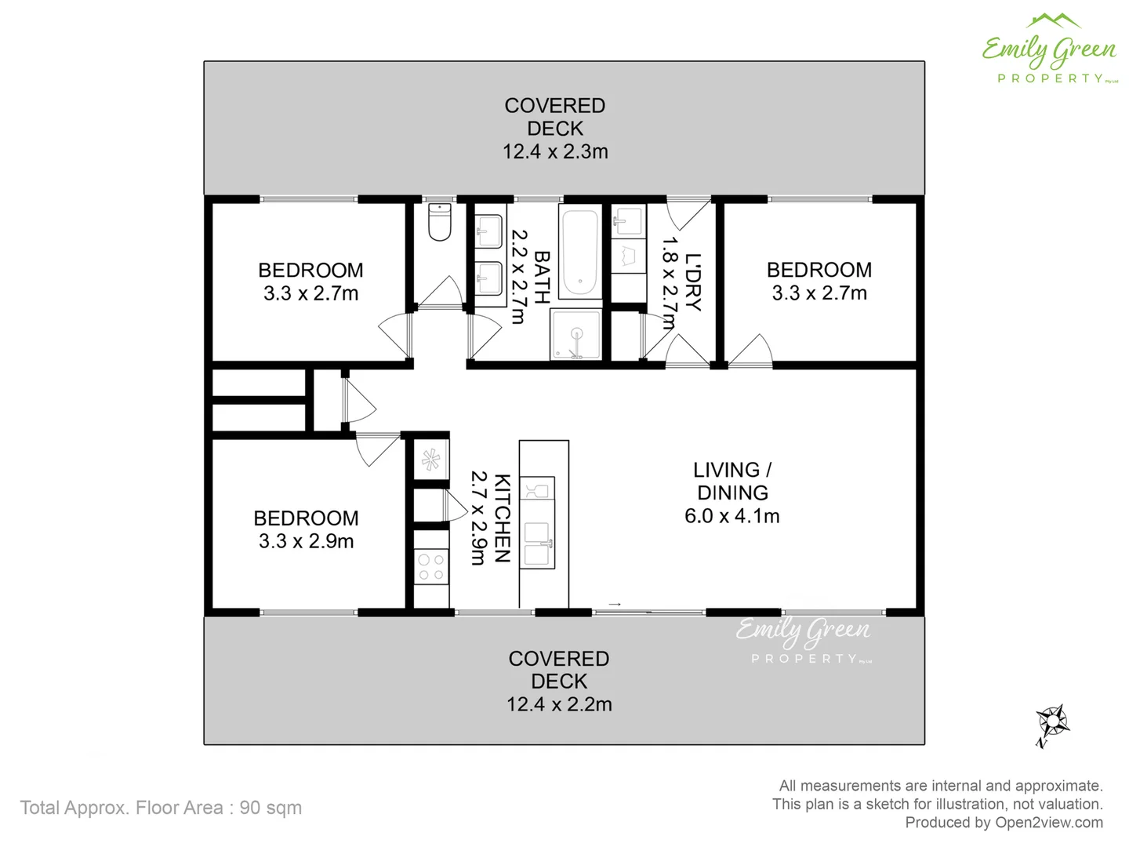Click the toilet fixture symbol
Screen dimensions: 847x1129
(x=440, y=223)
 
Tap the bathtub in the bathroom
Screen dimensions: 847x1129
(x=580, y=253)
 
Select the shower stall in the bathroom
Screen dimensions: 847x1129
(x=576, y=334)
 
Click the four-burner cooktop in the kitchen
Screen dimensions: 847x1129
(x=430, y=567)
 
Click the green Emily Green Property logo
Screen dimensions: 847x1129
(x=1050, y=49)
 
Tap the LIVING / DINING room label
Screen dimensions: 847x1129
(x=732, y=481)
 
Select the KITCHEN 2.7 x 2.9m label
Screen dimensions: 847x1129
(x=490, y=518)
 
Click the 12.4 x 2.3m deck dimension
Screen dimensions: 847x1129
(x=555, y=151)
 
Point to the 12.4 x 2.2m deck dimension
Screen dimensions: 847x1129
(x=559, y=704)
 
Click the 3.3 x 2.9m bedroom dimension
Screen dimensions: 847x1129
(x=307, y=541)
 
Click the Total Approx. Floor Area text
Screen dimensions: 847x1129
(x=161, y=808)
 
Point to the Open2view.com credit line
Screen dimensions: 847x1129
(x=1004, y=823)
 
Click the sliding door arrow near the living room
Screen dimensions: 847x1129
(x=615, y=604)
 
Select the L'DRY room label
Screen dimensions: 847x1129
(x=692, y=282)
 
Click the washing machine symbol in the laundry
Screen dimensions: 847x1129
(x=628, y=256)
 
